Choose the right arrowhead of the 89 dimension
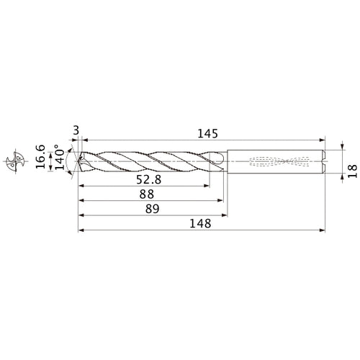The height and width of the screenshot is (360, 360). pos(226,215)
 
